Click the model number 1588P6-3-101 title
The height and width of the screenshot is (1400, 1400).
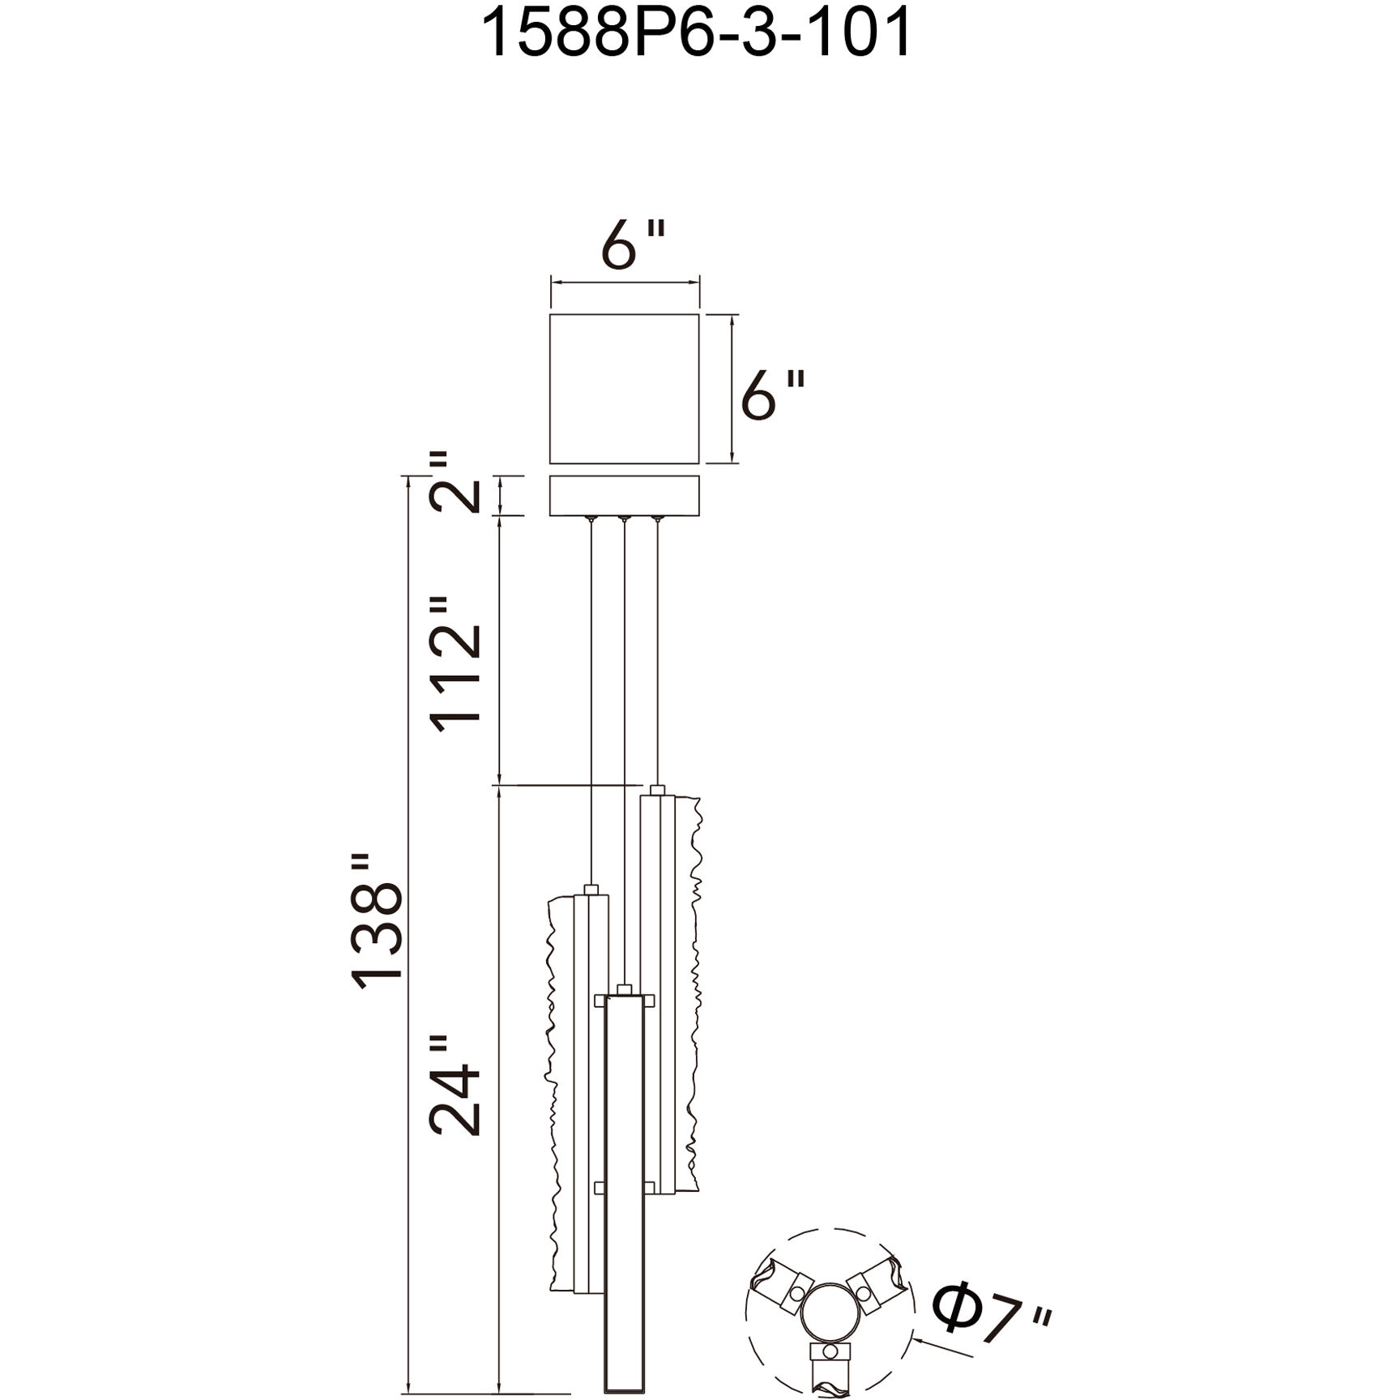click(x=698, y=33)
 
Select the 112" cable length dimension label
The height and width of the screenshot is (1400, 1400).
click(x=455, y=665)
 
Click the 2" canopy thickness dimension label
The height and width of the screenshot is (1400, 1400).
click(x=455, y=483)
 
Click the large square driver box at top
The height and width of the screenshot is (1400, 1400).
click(x=625, y=389)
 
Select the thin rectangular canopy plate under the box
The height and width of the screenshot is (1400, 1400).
click(x=625, y=496)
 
